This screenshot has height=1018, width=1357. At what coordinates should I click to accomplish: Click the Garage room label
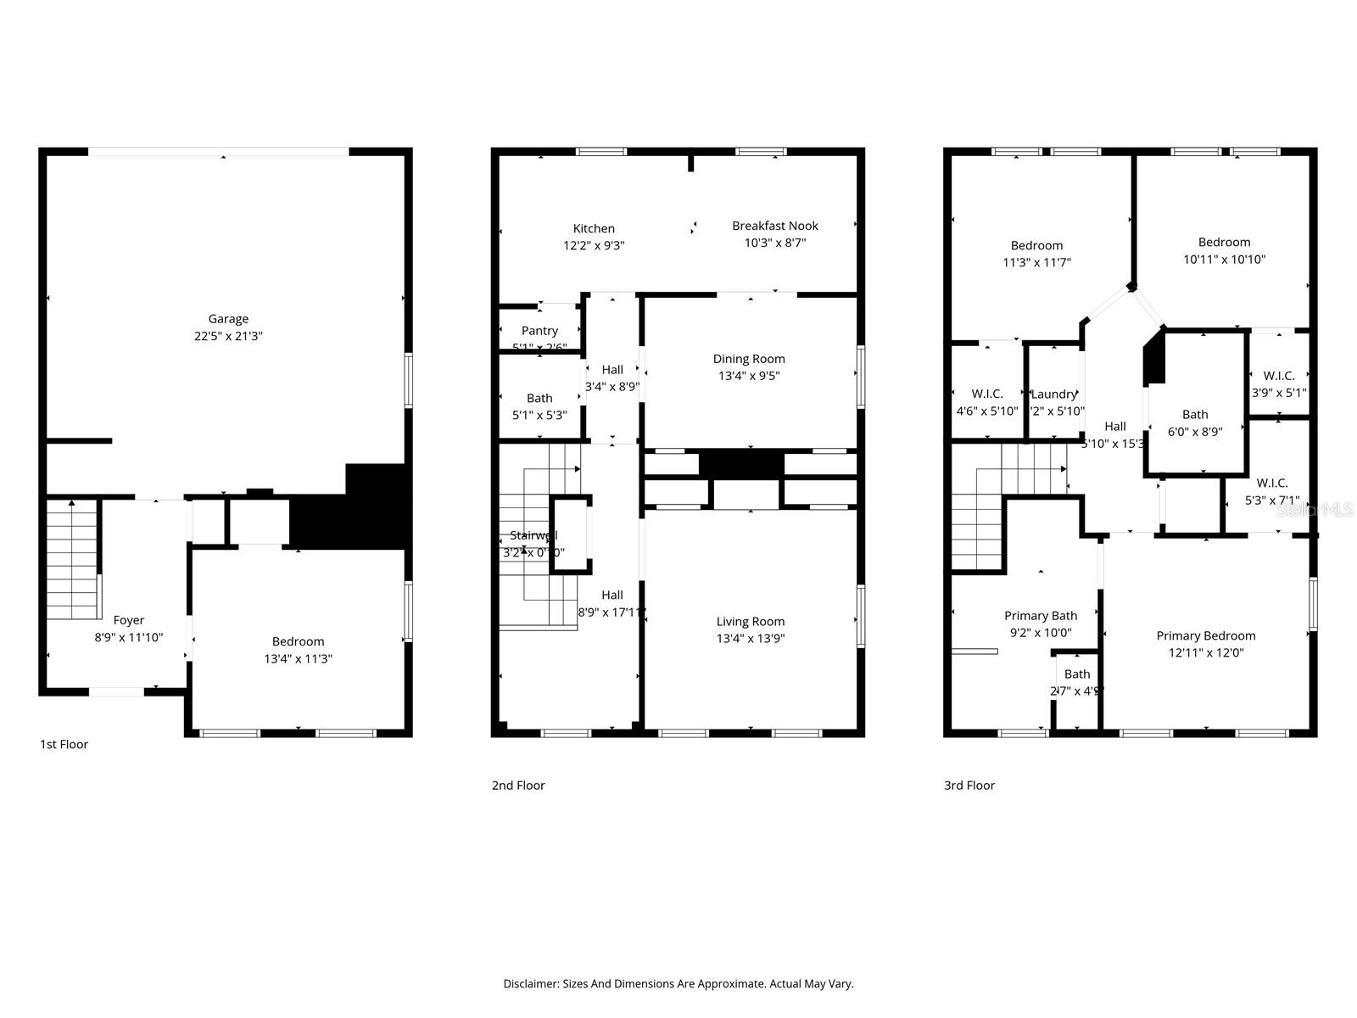[228, 319]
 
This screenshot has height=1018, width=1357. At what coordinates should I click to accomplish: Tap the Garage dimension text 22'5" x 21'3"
[228, 336]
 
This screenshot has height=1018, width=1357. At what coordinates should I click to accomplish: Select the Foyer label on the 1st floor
[129, 620]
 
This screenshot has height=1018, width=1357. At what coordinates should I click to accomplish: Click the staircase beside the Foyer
[72, 560]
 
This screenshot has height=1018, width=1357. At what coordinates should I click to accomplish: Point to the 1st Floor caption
[64, 744]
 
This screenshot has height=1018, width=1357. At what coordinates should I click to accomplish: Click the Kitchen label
[594, 228]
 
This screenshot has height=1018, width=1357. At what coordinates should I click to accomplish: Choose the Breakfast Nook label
[775, 226]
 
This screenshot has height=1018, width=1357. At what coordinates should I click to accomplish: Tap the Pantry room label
[539, 331]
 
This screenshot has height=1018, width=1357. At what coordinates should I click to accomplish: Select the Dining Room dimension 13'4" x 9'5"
[750, 376]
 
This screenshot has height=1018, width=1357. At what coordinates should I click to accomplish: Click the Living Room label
[750, 621]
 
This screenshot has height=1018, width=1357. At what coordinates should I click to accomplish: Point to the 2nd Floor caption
[518, 786]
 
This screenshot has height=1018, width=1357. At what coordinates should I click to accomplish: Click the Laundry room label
[1053, 394]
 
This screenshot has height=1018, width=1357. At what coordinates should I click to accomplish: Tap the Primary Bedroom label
[1205, 635]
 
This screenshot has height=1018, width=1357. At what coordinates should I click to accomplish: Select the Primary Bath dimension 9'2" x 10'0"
[1041, 633]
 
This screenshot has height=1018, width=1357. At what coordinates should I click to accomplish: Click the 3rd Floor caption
[969, 786]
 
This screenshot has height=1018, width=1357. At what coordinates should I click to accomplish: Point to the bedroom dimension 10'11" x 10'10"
[1224, 260]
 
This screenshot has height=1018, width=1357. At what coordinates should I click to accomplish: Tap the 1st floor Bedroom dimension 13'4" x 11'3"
[298, 658]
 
